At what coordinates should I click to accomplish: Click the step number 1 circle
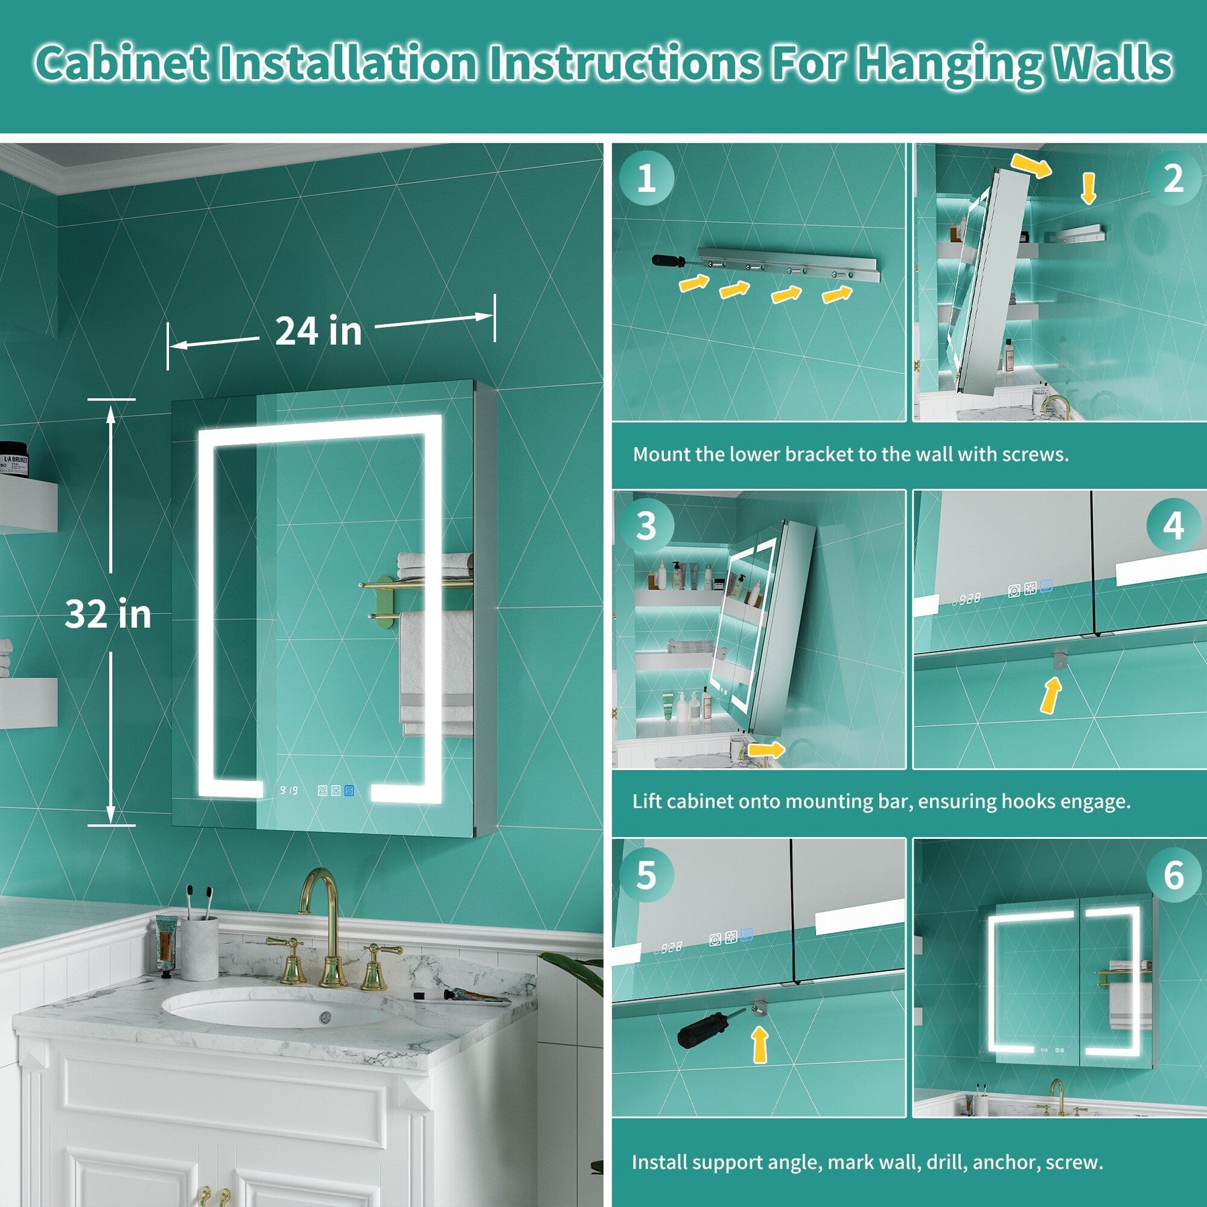click(646, 178)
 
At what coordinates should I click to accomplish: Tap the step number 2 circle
click(1173, 178)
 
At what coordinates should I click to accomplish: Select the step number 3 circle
click(646, 526)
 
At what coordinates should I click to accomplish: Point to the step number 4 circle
click(1173, 526)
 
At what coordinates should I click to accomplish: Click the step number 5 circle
click(646, 875)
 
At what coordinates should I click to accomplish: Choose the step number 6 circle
click(1173, 875)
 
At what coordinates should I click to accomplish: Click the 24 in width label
click(319, 331)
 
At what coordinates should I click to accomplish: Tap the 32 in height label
click(108, 614)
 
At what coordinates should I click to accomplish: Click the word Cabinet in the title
click(121, 64)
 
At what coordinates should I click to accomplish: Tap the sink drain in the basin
click(326, 1016)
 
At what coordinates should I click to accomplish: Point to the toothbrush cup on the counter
click(199, 947)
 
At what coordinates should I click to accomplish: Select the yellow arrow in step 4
click(1051, 695)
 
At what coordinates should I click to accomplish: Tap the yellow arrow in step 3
click(766, 749)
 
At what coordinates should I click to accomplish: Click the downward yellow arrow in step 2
click(1088, 188)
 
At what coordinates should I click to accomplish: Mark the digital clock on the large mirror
click(289, 791)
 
